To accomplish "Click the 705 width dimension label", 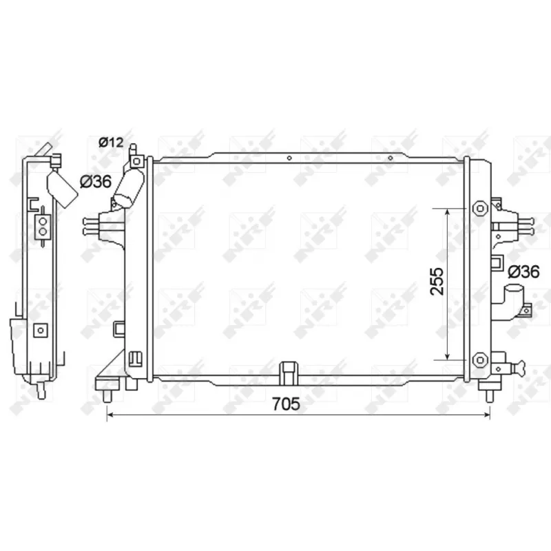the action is point(286,404).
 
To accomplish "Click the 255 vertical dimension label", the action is point(437,282).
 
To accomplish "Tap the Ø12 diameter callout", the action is point(111,143).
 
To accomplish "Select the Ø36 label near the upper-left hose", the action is point(96,182).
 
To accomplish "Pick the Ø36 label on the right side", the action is point(523,271).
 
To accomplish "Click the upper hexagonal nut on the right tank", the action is point(480,209).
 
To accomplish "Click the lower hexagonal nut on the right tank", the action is point(480,360).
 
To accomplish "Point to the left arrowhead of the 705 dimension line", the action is point(110,415).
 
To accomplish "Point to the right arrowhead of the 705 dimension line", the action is point(487,415).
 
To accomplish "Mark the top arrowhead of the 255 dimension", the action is point(447,211).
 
